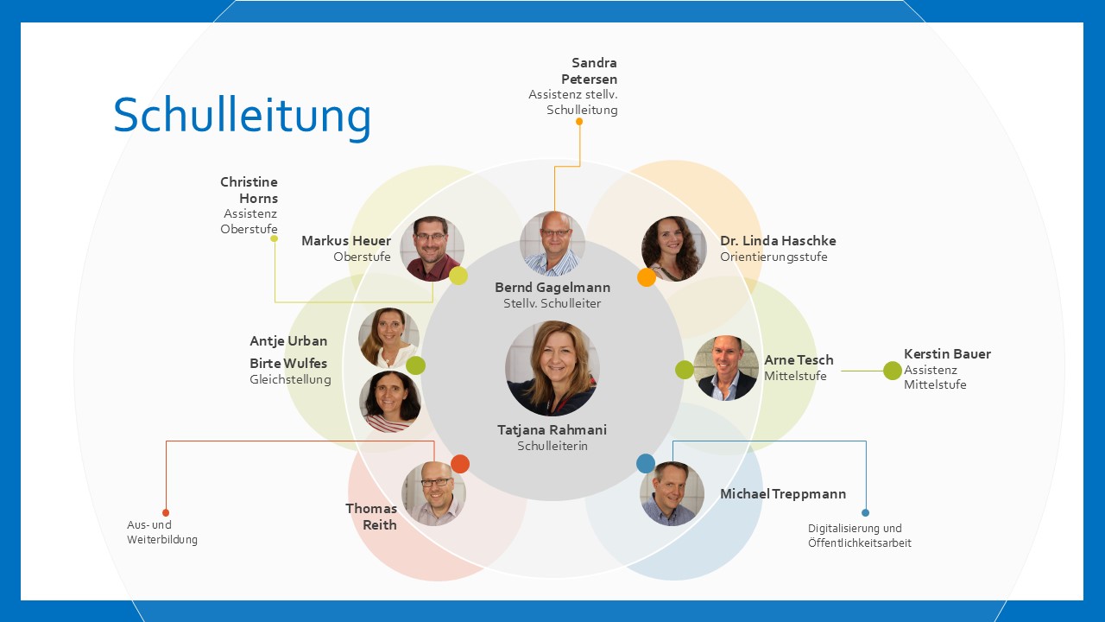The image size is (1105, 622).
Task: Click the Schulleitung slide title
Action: click(242, 117)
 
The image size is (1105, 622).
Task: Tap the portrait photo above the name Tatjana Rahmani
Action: click(552, 368)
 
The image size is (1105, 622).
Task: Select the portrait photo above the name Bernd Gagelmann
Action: click(552, 244)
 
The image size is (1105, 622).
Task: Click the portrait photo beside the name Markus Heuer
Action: click(433, 248)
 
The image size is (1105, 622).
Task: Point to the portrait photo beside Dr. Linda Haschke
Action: click(674, 248)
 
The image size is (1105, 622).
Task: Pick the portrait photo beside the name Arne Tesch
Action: click(726, 368)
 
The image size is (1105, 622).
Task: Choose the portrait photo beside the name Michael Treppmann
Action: click(672, 493)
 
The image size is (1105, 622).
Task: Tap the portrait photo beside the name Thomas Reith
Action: click(434, 493)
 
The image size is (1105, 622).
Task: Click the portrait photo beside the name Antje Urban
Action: click(389, 338)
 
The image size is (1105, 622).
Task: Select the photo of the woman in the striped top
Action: click(390, 402)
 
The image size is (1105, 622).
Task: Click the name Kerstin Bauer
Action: click(947, 354)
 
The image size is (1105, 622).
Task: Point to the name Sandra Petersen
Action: click(590, 71)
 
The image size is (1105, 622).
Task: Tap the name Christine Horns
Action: click(249, 190)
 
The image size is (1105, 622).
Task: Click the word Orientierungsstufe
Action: click(773, 257)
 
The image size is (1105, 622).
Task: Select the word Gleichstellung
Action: click(290, 379)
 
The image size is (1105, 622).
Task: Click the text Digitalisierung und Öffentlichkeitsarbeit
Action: click(859, 536)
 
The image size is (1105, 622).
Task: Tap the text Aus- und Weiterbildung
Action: click(161, 532)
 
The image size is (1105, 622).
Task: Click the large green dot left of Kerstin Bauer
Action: click(893, 371)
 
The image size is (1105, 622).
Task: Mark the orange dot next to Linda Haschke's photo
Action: click(647, 277)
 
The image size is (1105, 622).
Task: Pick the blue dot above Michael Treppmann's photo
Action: click(646, 464)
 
